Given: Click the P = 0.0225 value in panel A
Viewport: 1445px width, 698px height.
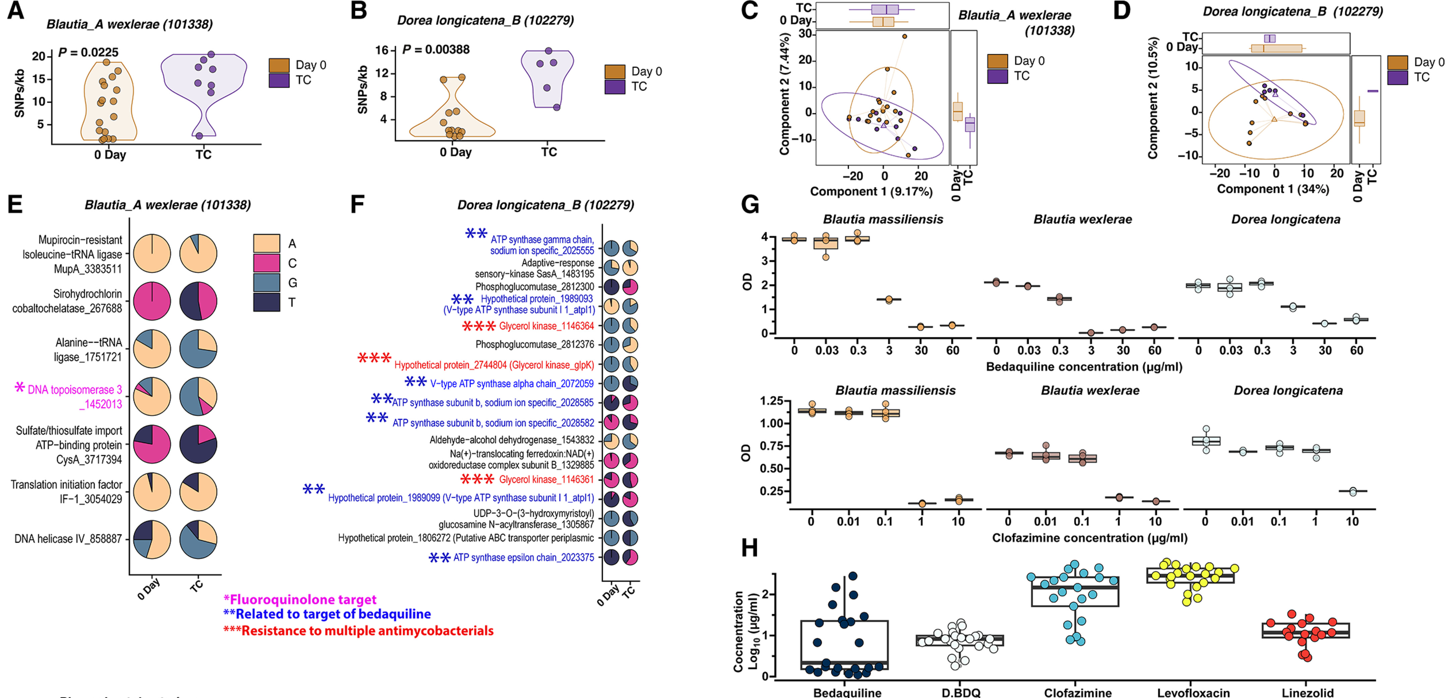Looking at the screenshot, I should click(x=88, y=53).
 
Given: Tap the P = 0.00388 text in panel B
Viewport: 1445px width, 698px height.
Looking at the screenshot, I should click(x=436, y=49).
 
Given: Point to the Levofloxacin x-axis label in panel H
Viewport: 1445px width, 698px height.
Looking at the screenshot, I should click(x=1193, y=692).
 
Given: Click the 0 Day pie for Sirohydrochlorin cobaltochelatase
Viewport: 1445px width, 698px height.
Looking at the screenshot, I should click(x=152, y=302).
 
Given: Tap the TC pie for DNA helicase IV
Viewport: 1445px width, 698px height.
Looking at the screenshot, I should click(x=198, y=539).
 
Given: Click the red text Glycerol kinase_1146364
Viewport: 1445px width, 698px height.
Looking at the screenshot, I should click(x=546, y=326).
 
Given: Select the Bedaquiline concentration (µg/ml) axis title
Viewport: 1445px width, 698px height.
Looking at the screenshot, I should click(x=1084, y=367).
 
